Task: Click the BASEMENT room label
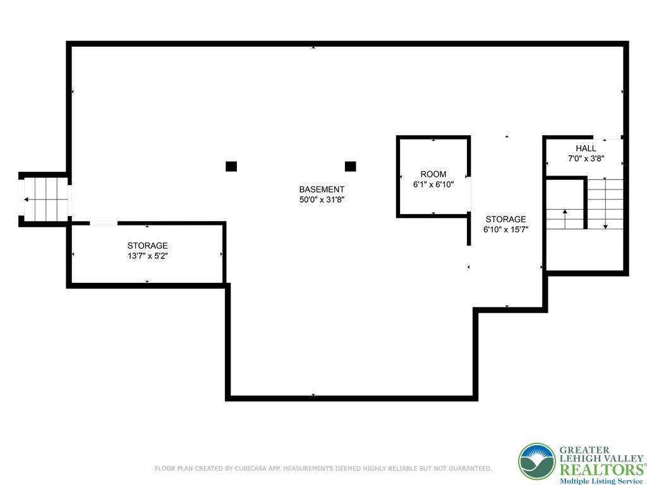point(322,189)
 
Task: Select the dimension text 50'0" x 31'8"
point(322,200)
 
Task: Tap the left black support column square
point(231,167)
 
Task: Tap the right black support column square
point(351,167)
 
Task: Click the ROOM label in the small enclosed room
point(433,174)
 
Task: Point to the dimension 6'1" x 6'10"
point(433,184)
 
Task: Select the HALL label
point(586,148)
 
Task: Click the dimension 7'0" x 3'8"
point(586,159)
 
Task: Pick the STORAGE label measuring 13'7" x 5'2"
point(147,246)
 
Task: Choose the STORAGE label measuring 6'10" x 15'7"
point(505,220)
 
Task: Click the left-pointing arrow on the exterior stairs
point(27,200)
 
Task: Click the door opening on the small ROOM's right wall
point(469,193)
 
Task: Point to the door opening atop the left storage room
point(103,223)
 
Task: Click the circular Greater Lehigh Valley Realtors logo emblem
point(537,462)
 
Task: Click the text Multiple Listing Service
point(600,481)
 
